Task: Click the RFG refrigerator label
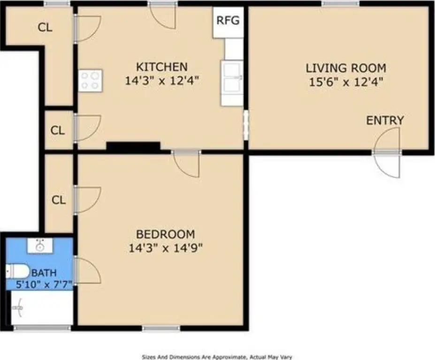pos(228,20)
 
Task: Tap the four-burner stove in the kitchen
pos(91,81)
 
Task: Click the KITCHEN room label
pos(162,67)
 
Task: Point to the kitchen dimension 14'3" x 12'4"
pos(162,81)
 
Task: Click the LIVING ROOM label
pos(346,68)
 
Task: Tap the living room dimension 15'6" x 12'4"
pos(346,82)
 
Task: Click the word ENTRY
pos(385,120)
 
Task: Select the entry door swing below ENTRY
pos(387,152)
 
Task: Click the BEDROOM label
pos(165,234)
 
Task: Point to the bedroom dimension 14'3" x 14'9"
pos(166,248)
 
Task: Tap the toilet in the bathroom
pos(18,271)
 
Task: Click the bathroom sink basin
pos(40,246)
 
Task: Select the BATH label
pos(44,273)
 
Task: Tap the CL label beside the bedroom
pos(59,200)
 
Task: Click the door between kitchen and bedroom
pos(186,164)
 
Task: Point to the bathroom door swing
pos(87,270)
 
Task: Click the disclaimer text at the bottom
pos(217,357)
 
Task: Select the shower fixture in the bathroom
pos(18,307)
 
